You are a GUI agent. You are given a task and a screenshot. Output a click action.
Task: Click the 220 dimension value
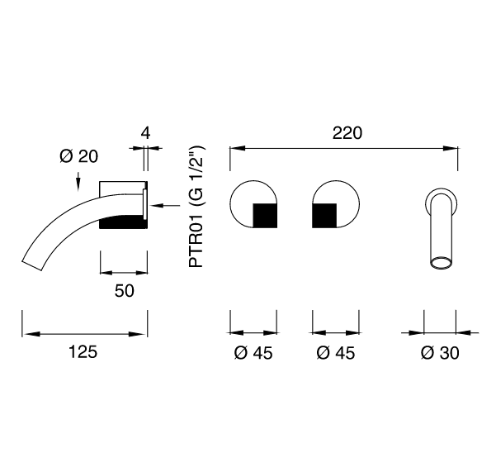click(x=347, y=133)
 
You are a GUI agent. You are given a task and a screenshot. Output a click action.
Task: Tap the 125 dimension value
click(x=83, y=352)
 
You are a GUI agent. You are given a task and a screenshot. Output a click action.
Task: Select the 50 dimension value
click(x=125, y=291)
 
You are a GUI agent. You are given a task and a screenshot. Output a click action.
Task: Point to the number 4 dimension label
click(x=145, y=133)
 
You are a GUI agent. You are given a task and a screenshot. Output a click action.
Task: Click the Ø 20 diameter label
click(x=78, y=156)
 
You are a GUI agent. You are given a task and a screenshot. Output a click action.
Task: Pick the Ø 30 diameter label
click(x=440, y=353)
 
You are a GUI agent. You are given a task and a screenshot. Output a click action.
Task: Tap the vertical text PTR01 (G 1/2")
click(x=196, y=206)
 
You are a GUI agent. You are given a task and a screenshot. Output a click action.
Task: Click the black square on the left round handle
click(x=265, y=216)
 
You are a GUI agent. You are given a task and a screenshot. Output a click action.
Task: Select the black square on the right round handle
click(x=324, y=216)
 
